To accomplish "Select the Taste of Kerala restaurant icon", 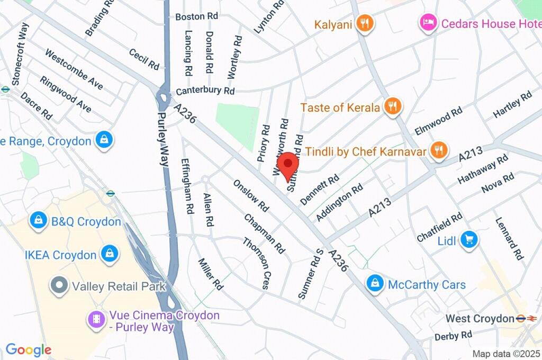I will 392,107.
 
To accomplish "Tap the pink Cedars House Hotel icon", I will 428,23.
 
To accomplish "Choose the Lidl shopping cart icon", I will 468,240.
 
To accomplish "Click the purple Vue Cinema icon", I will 96,319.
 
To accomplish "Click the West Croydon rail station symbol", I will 527,318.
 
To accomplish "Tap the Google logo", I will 29,349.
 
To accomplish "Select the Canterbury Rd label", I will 205,91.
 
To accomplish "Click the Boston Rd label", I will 197,16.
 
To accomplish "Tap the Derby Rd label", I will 453,336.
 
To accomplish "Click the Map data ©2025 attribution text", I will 505,354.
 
